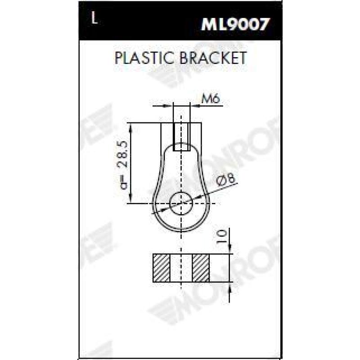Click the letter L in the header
pos(94,20)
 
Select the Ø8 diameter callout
pos(225,180)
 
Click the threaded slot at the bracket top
pos(181,135)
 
